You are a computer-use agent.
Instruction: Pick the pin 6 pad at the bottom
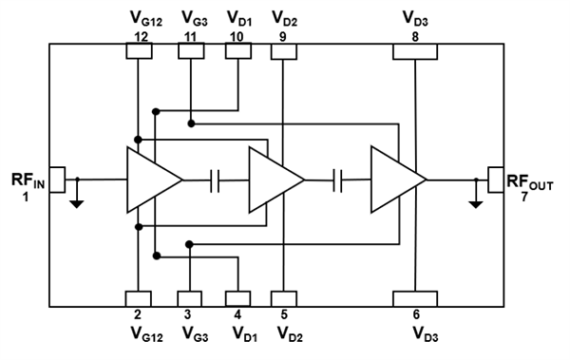coord(416,298)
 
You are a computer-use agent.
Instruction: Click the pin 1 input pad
coord(57,178)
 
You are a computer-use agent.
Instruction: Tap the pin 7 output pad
coord(494,178)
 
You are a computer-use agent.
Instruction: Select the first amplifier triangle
coord(152,179)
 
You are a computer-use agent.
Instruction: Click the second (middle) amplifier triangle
coord(274,179)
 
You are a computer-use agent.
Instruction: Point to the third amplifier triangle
coord(396,179)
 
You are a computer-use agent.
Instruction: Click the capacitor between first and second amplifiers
coord(216,179)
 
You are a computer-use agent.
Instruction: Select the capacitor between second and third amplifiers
coord(337,179)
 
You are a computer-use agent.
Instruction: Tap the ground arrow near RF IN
coord(78,198)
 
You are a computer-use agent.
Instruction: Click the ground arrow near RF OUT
coord(474,198)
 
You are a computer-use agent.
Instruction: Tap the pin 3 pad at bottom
coord(191,298)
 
